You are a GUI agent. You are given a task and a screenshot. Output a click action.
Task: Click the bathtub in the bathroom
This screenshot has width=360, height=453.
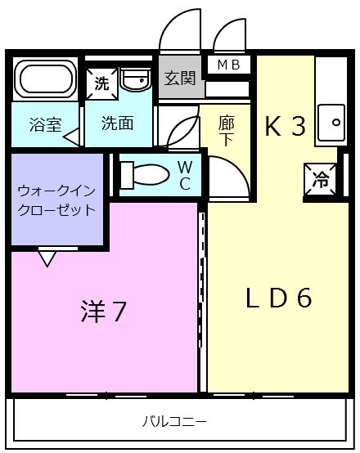pyautogui.click(x=45, y=79)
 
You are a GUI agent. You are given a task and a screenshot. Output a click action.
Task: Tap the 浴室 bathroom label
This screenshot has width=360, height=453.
pyautogui.click(x=44, y=125)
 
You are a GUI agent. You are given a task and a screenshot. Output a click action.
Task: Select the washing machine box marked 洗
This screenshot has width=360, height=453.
pyautogui.click(x=101, y=82)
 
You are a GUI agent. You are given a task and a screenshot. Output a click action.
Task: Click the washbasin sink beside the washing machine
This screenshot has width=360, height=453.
pyautogui.click(x=134, y=80)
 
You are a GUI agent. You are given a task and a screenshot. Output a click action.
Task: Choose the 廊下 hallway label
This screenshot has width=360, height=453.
pyautogui.click(x=227, y=129)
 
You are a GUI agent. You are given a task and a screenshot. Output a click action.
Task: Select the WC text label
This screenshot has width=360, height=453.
pyautogui.click(x=185, y=175)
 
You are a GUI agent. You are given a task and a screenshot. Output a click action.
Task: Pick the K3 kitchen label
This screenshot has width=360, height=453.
pyautogui.click(x=285, y=126)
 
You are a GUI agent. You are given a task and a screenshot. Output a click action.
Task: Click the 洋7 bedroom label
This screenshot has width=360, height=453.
pyautogui.click(x=104, y=312)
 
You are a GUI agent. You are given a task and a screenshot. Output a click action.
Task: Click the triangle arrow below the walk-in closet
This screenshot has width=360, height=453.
pyautogui.click(x=47, y=258)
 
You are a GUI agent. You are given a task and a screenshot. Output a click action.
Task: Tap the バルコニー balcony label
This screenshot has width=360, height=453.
pyautogui.click(x=174, y=422)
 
